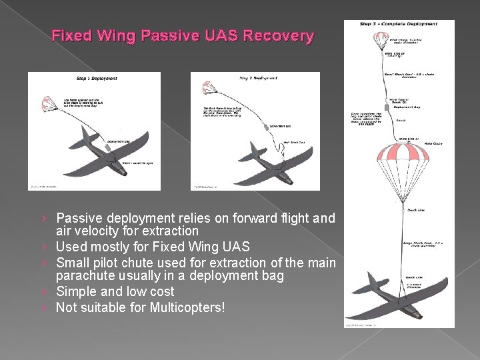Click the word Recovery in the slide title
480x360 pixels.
(x=279, y=35)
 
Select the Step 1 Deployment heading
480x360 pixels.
(x=97, y=79)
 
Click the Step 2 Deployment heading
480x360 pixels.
(x=259, y=79)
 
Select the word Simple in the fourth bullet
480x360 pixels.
(x=77, y=292)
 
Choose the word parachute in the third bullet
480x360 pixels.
(x=84, y=276)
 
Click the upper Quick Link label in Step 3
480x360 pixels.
(x=415, y=211)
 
